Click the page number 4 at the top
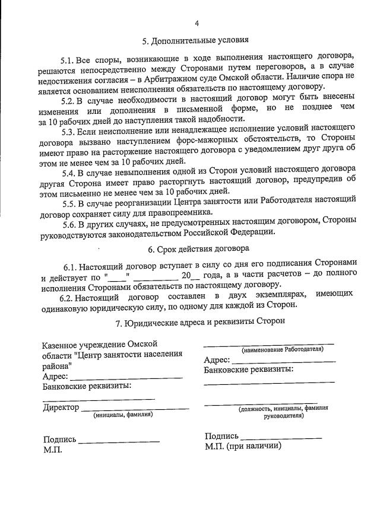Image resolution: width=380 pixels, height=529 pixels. pos(197,23)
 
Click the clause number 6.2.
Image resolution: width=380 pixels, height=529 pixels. pos(67,295)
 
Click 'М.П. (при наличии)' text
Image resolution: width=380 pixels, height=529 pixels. pos(243,446)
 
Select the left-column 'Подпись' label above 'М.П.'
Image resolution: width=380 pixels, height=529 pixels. pos(59,439)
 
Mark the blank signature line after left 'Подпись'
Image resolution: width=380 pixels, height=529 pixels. pos(119,441)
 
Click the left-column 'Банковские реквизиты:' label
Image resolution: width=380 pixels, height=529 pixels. pos(87,386)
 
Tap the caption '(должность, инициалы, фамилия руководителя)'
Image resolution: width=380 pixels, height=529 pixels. pos(282,412)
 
